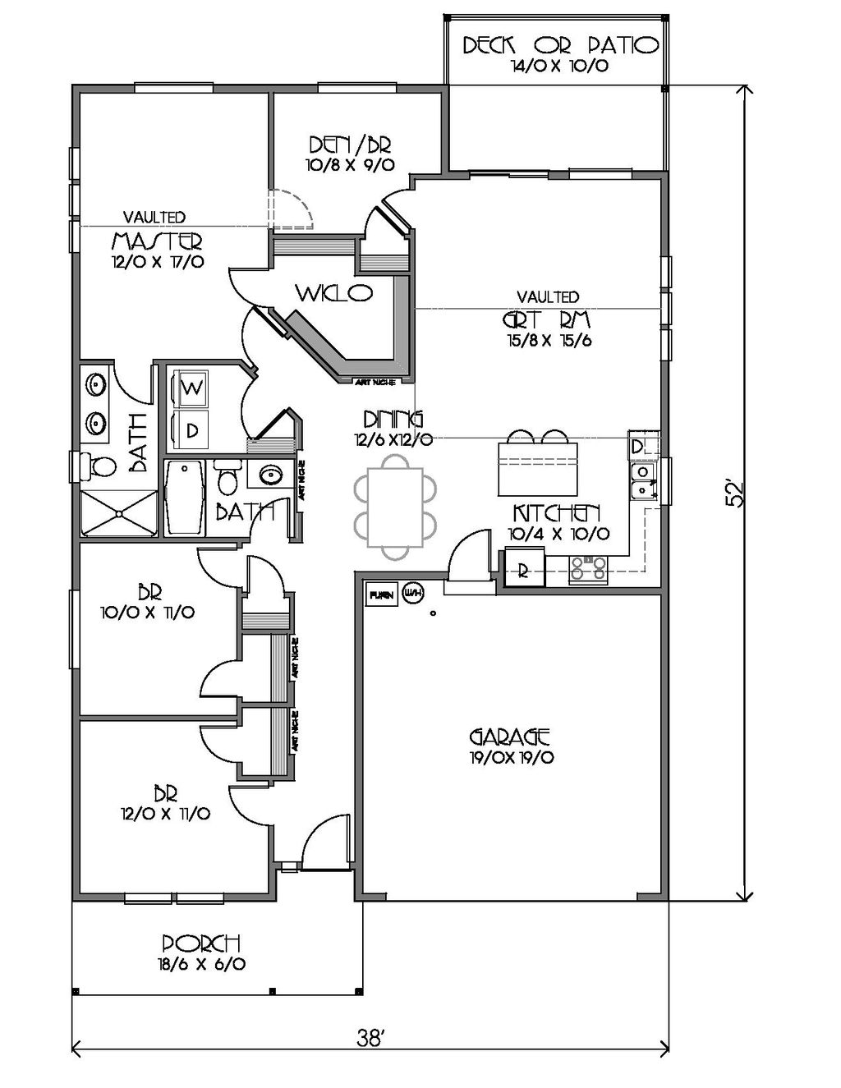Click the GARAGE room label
(509, 735)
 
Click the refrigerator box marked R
(523, 571)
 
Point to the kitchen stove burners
(588, 568)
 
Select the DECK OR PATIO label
(559, 45)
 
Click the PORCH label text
(200, 943)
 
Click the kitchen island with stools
(538, 469)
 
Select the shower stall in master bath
(119, 513)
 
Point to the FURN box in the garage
(381, 594)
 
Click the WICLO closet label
(334, 292)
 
